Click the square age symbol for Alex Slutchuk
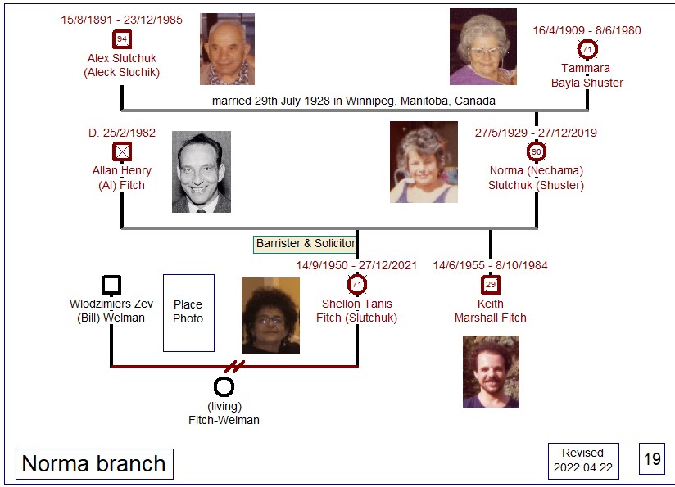click(122, 39)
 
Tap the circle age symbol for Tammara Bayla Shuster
click(587, 49)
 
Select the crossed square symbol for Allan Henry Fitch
click(122, 152)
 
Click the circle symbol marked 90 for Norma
click(536, 151)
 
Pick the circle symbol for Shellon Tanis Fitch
click(357, 284)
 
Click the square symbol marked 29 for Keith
click(491, 284)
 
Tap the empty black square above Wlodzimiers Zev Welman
click(111, 285)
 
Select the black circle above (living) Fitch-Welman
click(224, 386)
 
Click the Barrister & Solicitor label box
click(305, 244)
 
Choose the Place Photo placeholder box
click(188, 313)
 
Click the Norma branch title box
click(94, 464)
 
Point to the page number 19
click(652, 458)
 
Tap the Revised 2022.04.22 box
click(583, 460)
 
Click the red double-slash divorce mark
click(234, 367)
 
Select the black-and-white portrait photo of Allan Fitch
click(202, 172)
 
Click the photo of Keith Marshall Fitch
click(491, 372)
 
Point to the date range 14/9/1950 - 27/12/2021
click(356, 265)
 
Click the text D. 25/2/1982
click(122, 133)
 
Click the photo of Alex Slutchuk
click(227, 48)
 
